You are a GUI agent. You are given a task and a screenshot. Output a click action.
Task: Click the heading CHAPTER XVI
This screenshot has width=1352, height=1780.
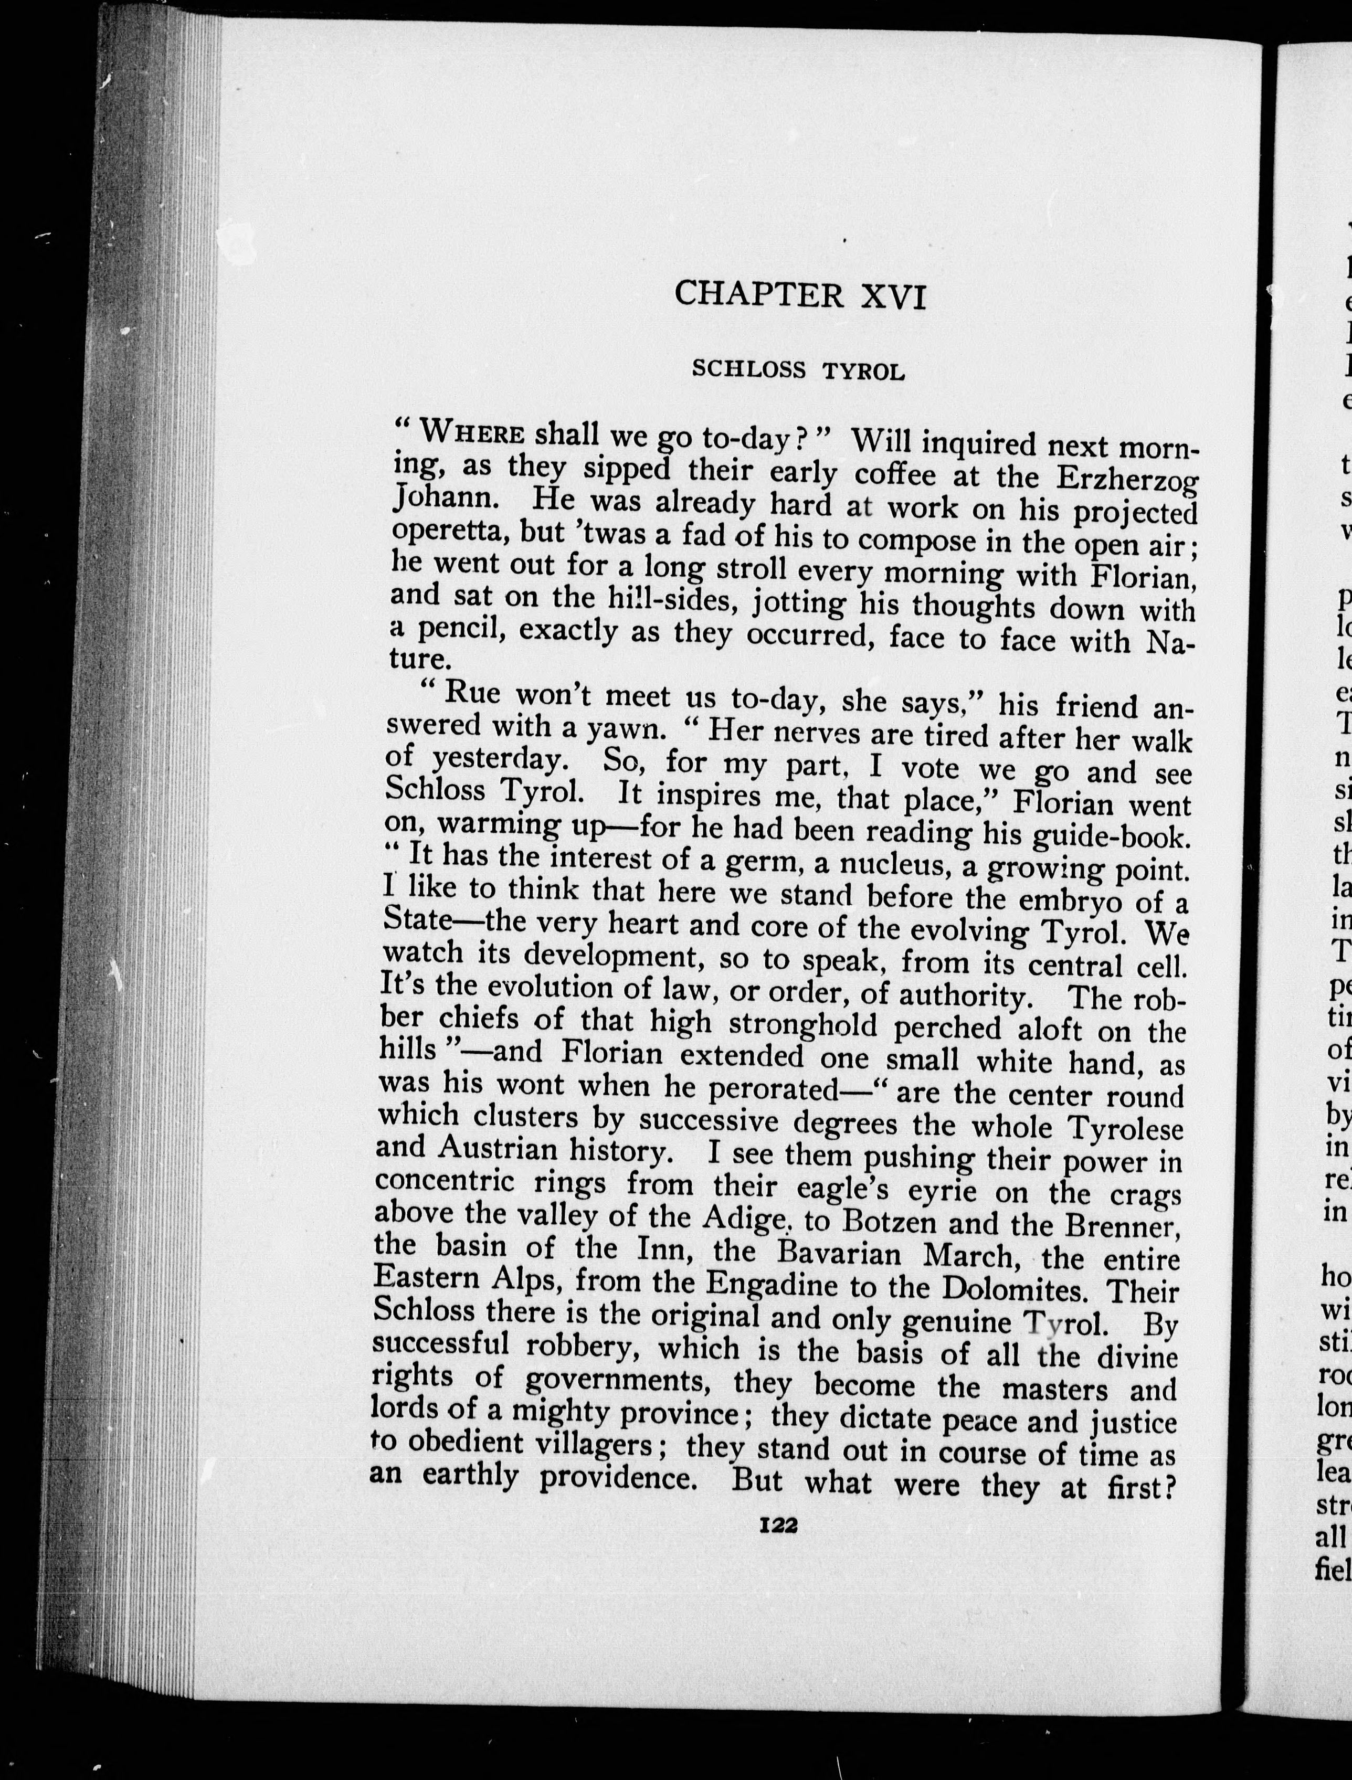[x=801, y=295]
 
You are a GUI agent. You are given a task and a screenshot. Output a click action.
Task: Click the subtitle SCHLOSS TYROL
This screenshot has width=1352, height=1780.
[x=798, y=369]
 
